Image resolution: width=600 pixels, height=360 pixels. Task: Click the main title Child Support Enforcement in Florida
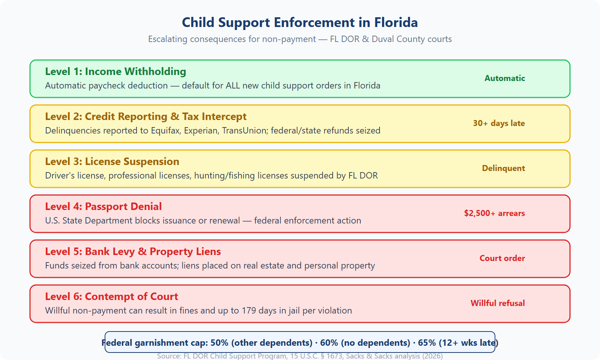[x=300, y=22]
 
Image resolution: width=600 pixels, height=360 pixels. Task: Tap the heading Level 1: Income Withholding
[x=115, y=72]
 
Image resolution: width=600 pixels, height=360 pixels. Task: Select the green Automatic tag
[x=504, y=78]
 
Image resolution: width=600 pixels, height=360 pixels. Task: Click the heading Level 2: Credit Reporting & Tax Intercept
[x=145, y=117]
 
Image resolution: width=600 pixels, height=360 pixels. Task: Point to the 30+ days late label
[x=498, y=123]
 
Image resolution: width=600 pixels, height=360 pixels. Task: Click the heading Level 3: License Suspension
[x=112, y=162]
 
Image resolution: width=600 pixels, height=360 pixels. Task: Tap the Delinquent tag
[x=503, y=168]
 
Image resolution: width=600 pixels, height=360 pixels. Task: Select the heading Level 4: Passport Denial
[x=103, y=207]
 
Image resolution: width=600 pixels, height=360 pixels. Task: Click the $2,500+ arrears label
[x=494, y=213]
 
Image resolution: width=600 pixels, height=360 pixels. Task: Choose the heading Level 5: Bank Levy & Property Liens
[x=133, y=252]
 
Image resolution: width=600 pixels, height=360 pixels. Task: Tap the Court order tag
[x=502, y=258]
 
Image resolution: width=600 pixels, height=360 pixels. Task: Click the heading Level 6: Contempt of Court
[x=111, y=297]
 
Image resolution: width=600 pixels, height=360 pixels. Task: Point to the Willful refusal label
[x=497, y=303]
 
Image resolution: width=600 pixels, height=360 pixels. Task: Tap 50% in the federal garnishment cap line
[x=219, y=343]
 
